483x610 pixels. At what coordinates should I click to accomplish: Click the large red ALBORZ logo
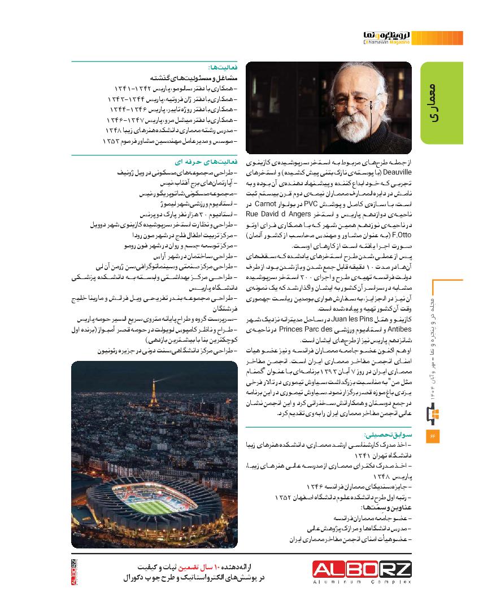tap(363, 568)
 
